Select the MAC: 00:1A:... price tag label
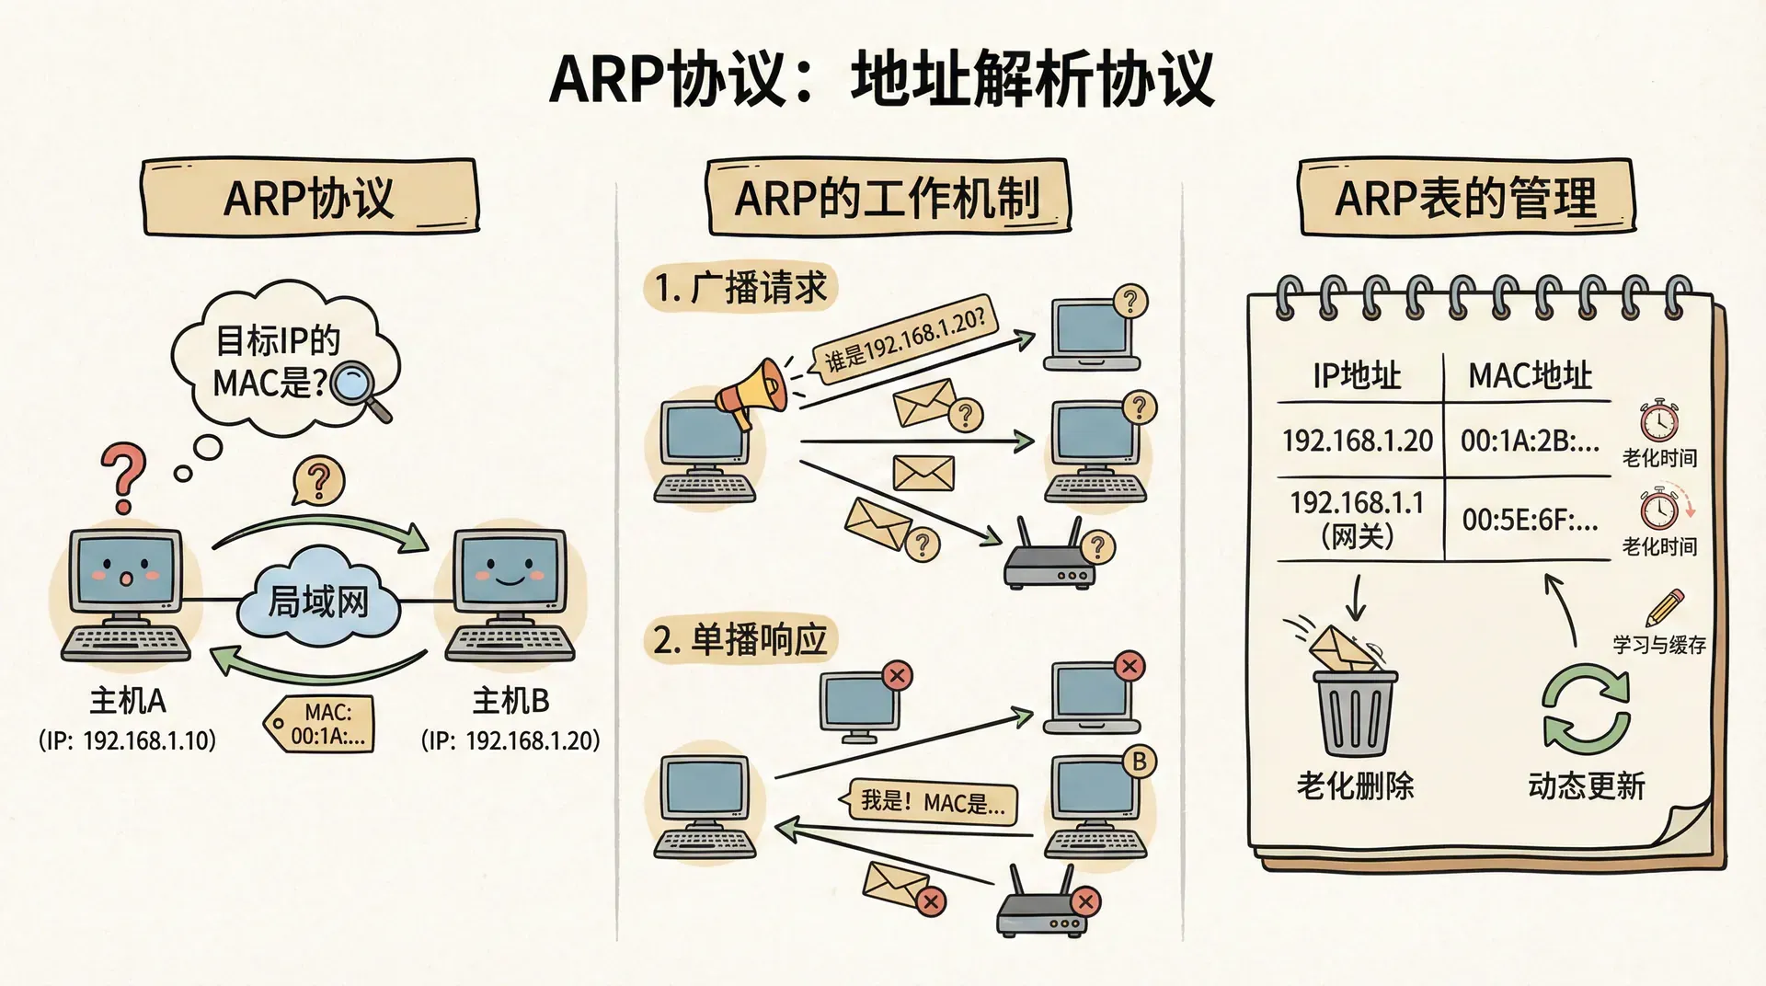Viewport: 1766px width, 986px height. pos(322,725)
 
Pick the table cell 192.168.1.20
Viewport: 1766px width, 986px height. pos(1358,441)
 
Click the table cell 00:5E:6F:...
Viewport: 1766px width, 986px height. pos(1529,521)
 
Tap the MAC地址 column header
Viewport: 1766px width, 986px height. pos(1530,375)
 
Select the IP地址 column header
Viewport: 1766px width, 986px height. pos(1357,375)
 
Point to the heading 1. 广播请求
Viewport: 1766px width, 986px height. pos(740,288)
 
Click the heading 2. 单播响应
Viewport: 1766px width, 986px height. pos(740,639)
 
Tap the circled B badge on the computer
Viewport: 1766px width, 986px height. pos(1139,762)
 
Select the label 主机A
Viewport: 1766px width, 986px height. pos(128,702)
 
